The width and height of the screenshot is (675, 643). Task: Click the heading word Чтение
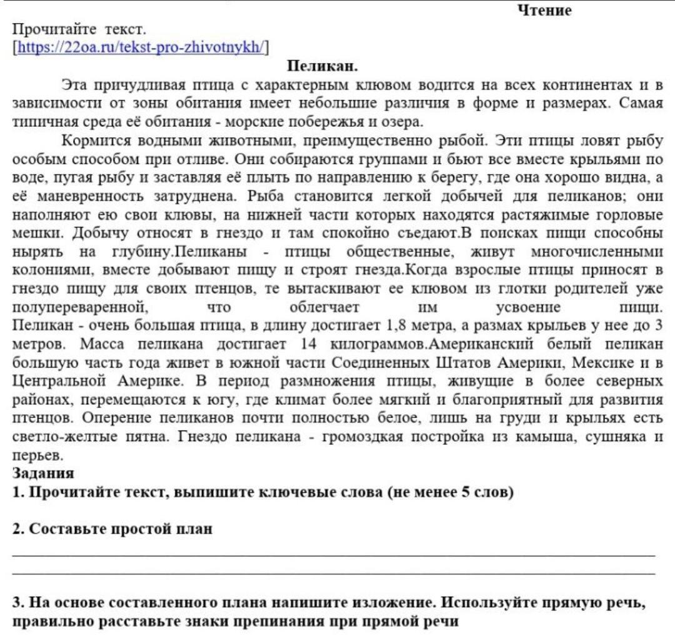(544, 11)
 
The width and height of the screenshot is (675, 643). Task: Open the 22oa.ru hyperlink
(142, 46)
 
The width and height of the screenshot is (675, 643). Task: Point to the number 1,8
(399, 326)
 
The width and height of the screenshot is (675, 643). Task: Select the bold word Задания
(43, 474)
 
